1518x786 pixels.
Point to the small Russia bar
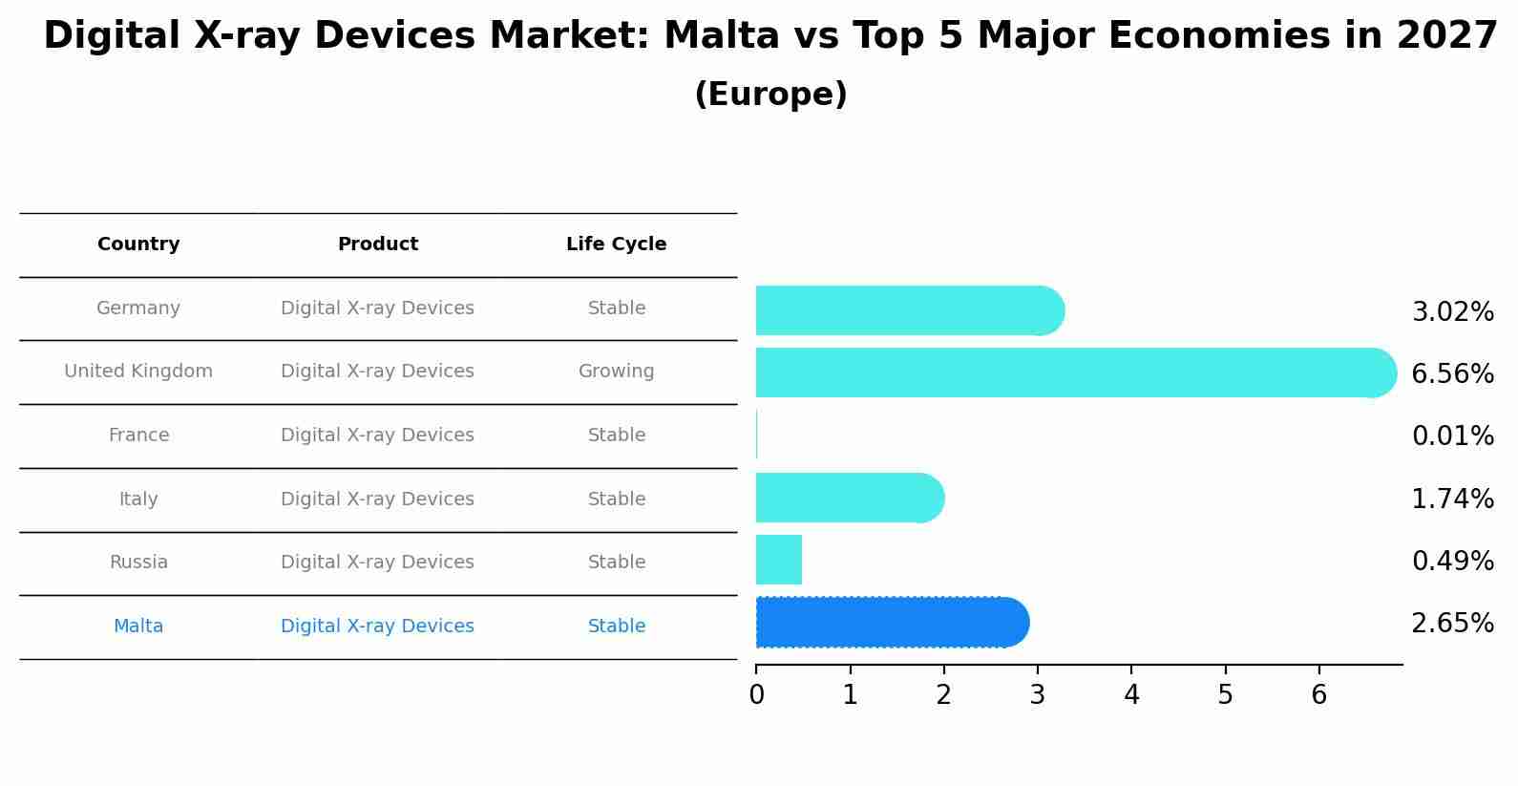(779, 560)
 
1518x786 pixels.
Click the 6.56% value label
(1452, 373)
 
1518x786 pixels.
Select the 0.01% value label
(1452, 435)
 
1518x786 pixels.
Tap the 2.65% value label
(1452, 623)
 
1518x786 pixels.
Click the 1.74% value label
(1452, 499)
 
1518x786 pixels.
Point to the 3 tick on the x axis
(1038, 694)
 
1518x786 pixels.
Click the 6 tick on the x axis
(1318, 694)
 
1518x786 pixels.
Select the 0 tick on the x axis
(756, 694)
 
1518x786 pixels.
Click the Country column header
(138, 244)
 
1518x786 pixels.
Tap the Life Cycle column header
(616, 244)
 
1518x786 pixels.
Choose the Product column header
(377, 244)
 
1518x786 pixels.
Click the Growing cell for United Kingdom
(616, 372)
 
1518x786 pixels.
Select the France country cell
(138, 435)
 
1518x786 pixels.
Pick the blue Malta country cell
(138, 627)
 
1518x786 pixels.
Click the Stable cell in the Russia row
(616, 563)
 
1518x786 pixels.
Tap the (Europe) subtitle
(770, 95)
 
